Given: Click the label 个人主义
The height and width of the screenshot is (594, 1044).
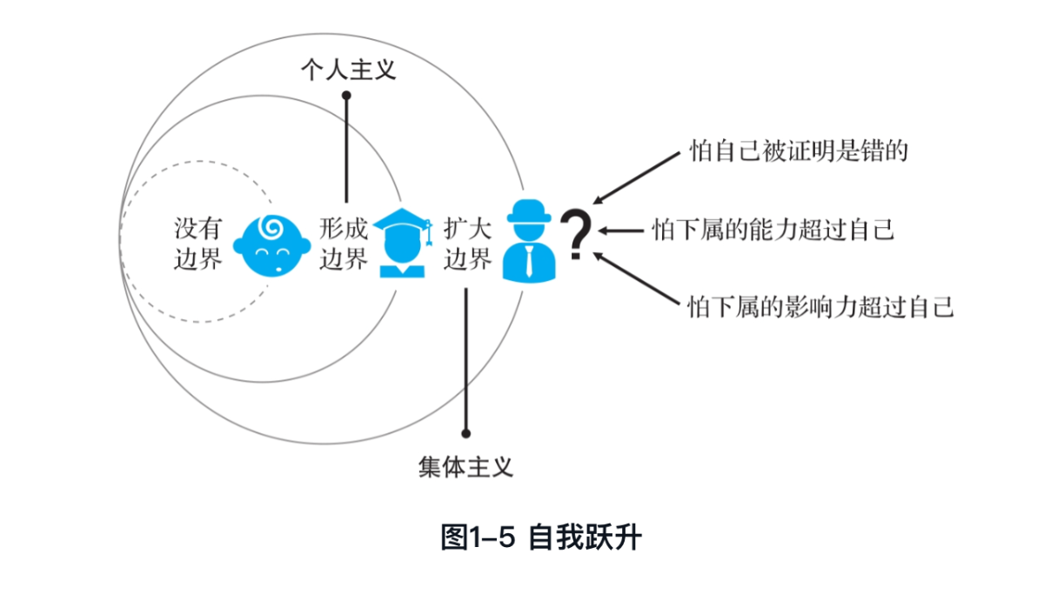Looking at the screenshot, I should point(348,70).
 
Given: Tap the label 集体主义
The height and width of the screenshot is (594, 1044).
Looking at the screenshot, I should point(465,468).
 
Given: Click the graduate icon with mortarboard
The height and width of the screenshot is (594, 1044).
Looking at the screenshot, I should point(402,244).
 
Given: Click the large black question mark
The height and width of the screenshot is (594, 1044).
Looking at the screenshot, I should point(576,236).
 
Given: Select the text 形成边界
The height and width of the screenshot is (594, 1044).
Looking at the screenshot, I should point(344,244).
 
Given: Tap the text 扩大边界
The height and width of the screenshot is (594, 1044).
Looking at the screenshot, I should point(468,244).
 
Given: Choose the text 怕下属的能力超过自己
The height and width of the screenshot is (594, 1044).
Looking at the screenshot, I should point(773,230).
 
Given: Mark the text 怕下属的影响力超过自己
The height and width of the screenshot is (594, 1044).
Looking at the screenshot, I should point(821,307).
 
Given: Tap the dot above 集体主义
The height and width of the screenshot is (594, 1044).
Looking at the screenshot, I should point(466,433).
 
